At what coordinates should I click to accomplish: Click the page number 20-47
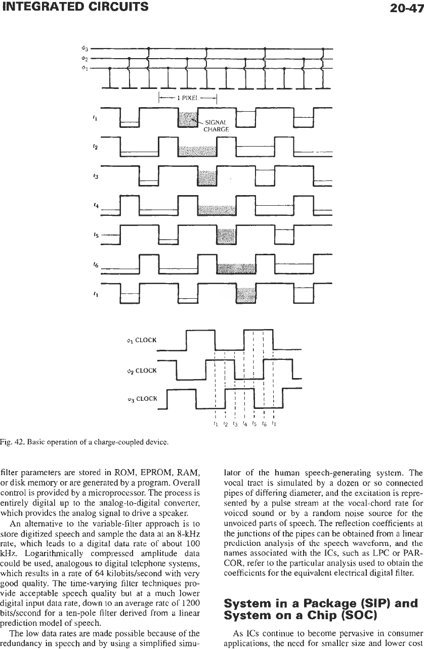pyautogui.click(x=407, y=8)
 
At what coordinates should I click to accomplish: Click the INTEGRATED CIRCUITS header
pyautogui.click(x=74, y=7)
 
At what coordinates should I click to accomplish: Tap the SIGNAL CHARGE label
pyautogui.click(x=216, y=126)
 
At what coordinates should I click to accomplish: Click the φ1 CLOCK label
pyautogui.click(x=142, y=340)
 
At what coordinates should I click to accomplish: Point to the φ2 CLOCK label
pyautogui.click(x=142, y=370)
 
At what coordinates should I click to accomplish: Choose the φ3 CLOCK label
pyautogui.click(x=142, y=399)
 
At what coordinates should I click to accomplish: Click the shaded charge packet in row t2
pyautogui.click(x=197, y=151)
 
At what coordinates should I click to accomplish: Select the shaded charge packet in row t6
pyautogui.click(x=236, y=268)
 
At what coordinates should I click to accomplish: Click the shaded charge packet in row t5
pyautogui.click(x=226, y=237)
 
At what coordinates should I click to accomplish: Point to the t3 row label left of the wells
pyautogui.click(x=96, y=176)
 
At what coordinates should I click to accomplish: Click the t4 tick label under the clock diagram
pyautogui.click(x=244, y=424)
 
